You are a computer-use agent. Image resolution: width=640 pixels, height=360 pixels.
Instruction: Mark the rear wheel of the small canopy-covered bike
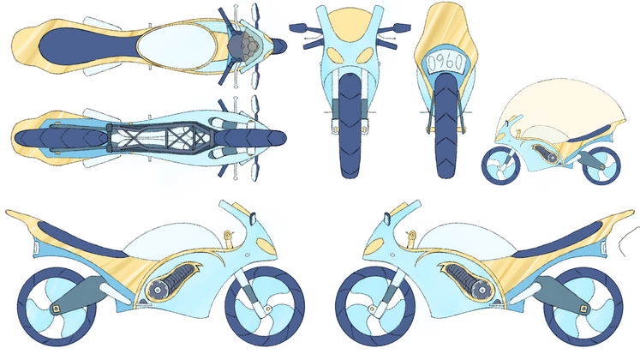600,165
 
